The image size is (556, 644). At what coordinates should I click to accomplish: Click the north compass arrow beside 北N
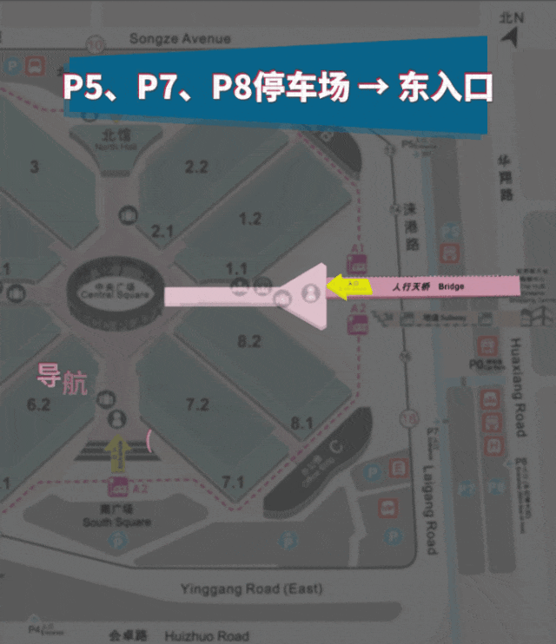point(510,37)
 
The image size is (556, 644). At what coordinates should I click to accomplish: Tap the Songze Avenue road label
point(180,38)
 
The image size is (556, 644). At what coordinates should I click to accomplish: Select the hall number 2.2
point(196,167)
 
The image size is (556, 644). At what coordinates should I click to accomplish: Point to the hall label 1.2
point(250,219)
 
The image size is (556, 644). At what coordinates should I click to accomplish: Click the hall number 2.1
point(163,231)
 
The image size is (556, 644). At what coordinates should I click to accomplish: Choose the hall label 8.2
point(249,341)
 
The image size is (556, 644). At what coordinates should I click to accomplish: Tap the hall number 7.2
point(197,404)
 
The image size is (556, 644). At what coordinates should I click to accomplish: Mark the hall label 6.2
point(39,404)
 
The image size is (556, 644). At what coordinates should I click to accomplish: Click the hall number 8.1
point(301,423)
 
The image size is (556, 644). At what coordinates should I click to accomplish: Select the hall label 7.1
point(233,482)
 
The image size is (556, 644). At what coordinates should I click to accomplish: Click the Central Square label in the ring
point(115,294)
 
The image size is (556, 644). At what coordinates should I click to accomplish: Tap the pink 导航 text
point(62,379)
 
